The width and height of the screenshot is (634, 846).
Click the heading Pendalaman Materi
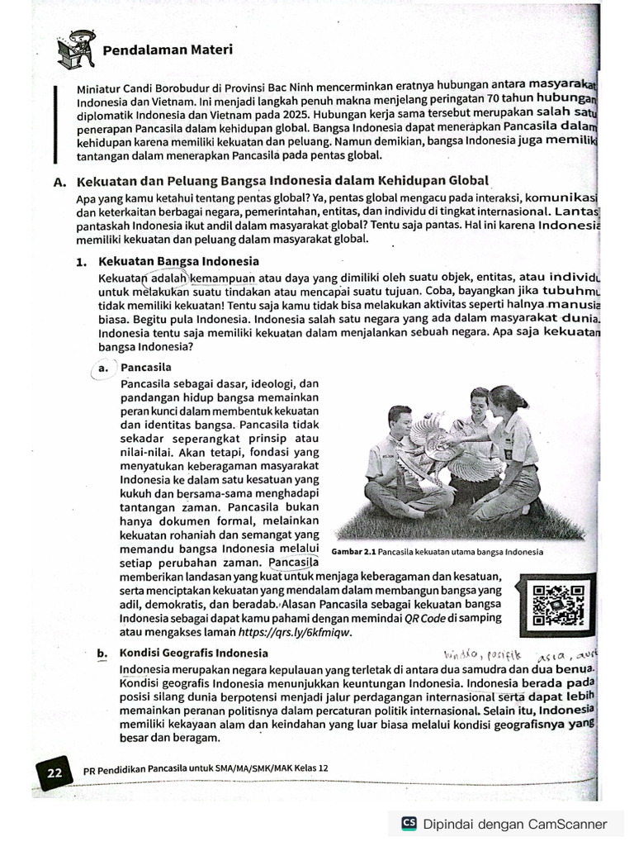[x=167, y=50]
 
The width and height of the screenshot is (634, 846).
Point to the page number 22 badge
[x=54, y=773]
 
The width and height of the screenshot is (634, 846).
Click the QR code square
[x=558, y=605]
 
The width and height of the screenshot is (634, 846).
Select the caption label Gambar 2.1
[x=353, y=552]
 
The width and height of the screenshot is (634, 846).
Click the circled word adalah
[x=168, y=278]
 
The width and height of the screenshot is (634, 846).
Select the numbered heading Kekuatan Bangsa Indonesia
[x=177, y=262]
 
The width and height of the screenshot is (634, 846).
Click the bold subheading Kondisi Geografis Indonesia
[x=194, y=653]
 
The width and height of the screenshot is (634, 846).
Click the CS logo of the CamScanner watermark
[x=409, y=823]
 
